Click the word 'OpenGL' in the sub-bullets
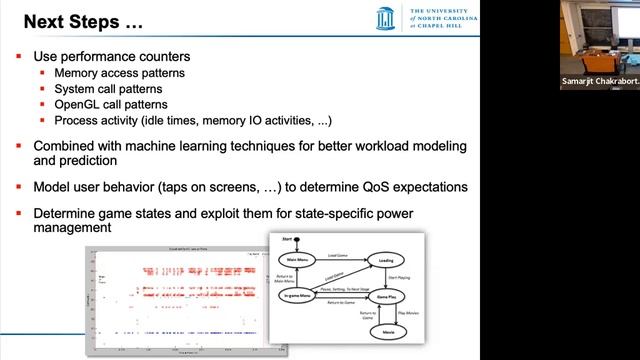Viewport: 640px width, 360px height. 77,105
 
